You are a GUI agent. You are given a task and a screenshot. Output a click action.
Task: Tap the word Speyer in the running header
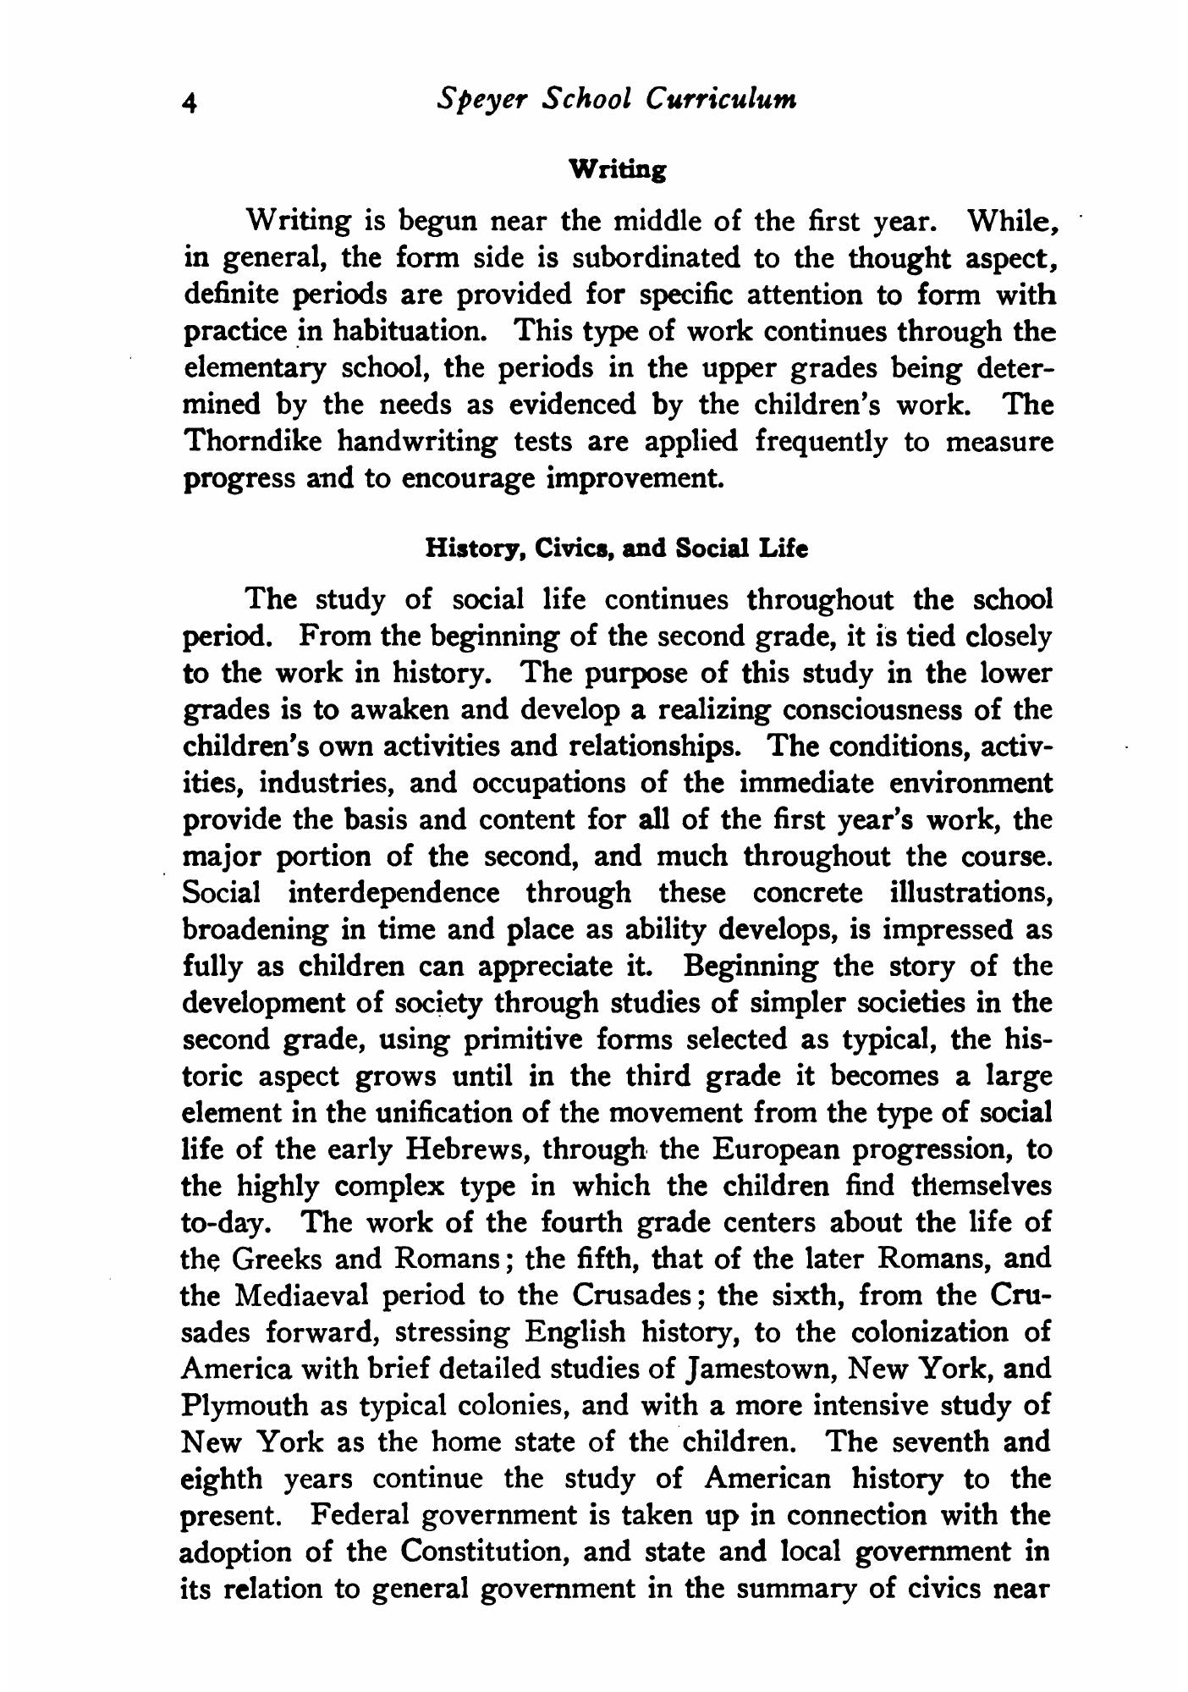pyautogui.click(x=481, y=100)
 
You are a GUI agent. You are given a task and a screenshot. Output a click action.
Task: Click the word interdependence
pyautogui.click(x=393, y=892)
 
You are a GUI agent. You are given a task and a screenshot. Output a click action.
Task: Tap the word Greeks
pyautogui.click(x=278, y=1259)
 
